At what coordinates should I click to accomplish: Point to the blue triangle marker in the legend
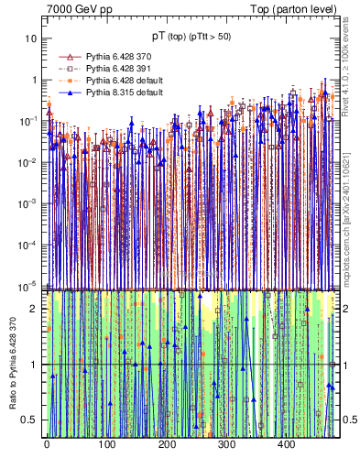65,93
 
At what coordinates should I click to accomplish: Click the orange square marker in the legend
65,81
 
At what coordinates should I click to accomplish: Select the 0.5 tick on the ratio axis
28,420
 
